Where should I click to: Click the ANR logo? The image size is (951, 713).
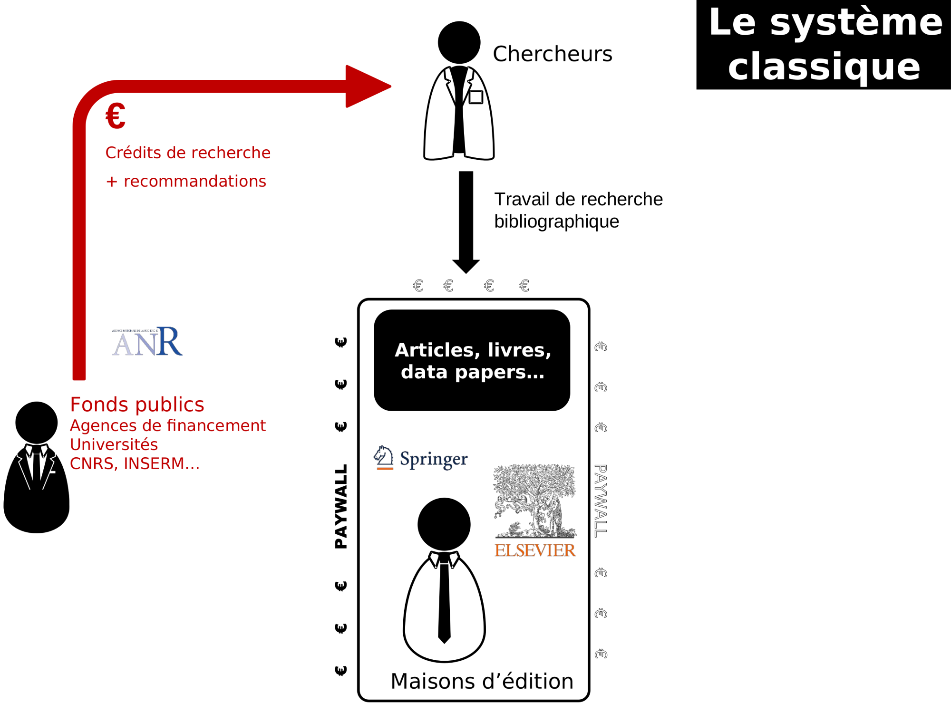147,341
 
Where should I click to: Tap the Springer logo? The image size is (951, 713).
421,458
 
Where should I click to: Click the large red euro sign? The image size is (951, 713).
116,116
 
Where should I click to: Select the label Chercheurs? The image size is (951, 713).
553,54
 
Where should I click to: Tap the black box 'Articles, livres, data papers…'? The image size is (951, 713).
472,360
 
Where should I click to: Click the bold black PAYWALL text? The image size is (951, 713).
341,507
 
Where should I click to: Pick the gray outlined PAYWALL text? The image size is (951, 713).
601,501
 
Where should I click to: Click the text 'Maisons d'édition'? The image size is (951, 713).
482,681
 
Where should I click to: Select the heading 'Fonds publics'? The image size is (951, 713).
137,405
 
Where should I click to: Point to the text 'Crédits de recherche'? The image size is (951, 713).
188,153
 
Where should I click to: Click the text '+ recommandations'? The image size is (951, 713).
186,181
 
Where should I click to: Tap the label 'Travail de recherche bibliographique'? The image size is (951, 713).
578,210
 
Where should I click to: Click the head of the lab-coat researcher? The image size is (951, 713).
459,42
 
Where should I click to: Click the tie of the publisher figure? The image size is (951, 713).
444,599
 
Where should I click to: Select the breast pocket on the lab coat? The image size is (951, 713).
476,97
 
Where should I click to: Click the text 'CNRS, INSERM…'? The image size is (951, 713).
135,463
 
